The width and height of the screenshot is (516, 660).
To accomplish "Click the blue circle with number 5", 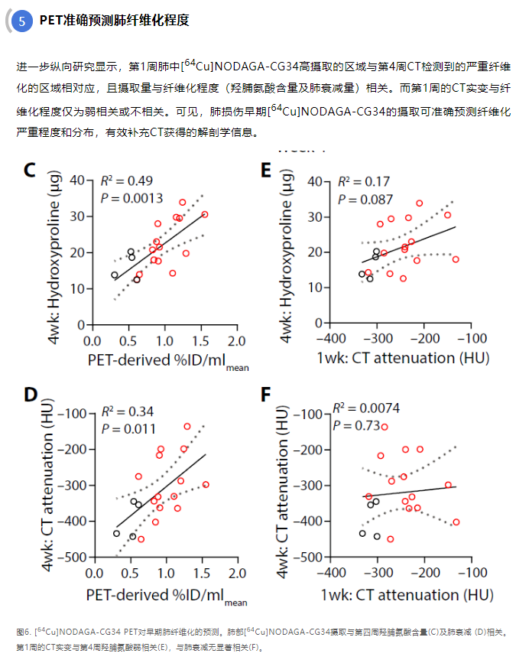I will click(x=22, y=21).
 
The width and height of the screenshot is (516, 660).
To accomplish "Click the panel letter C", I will click(x=30, y=170).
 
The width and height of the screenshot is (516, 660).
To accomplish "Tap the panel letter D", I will click(x=31, y=395).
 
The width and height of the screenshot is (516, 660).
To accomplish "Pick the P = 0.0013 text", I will click(x=131, y=198).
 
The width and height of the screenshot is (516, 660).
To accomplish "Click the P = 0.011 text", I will click(x=128, y=429).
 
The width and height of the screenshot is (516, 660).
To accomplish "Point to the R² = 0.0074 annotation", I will click(x=366, y=408).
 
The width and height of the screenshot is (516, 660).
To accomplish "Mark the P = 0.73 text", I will click(x=357, y=425).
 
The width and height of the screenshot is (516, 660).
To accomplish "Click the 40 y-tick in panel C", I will click(x=76, y=180).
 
